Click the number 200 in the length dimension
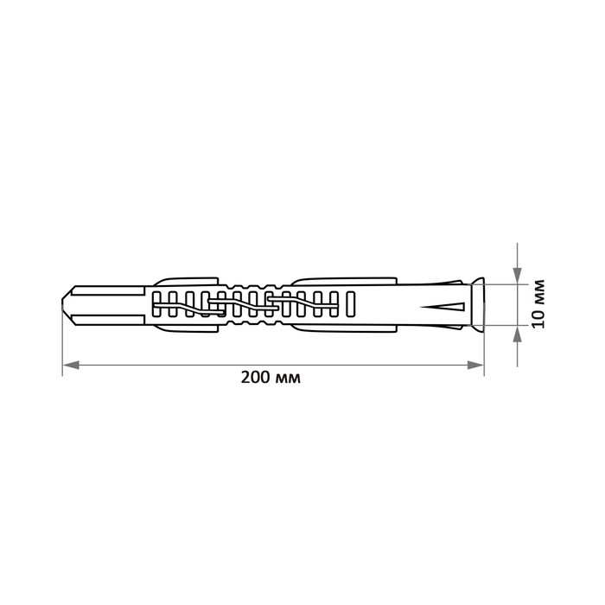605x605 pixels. pyautogui.click(x=255, y=378)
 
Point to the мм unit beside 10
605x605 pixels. pyautogui.click(x=539, y=293)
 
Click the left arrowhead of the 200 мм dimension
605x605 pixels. pyautogui.click(x=71, y=365)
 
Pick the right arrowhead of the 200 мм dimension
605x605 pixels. pyautogui.click(x=475, y=365)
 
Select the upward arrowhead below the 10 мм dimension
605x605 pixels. pyautogui.click(x=518, y=334)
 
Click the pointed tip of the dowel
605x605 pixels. pyautogui.click(x=62, y=305)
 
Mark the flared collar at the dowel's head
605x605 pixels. pyautogui.click(x=479, y=304)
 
